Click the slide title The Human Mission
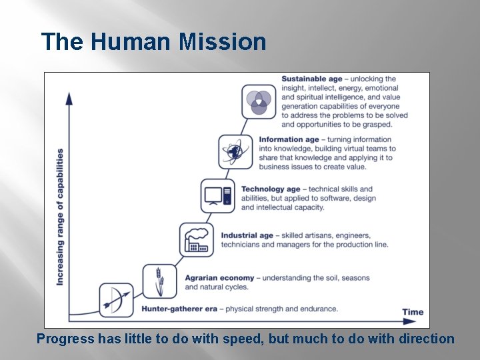153,42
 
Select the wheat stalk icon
160,281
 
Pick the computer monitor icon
218,195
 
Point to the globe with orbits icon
236,151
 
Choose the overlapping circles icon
259,102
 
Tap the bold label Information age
289,140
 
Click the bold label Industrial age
247,236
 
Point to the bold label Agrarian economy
219,278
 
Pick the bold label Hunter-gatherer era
179,309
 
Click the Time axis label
413,312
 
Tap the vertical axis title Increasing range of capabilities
60,217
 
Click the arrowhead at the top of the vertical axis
69,98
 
